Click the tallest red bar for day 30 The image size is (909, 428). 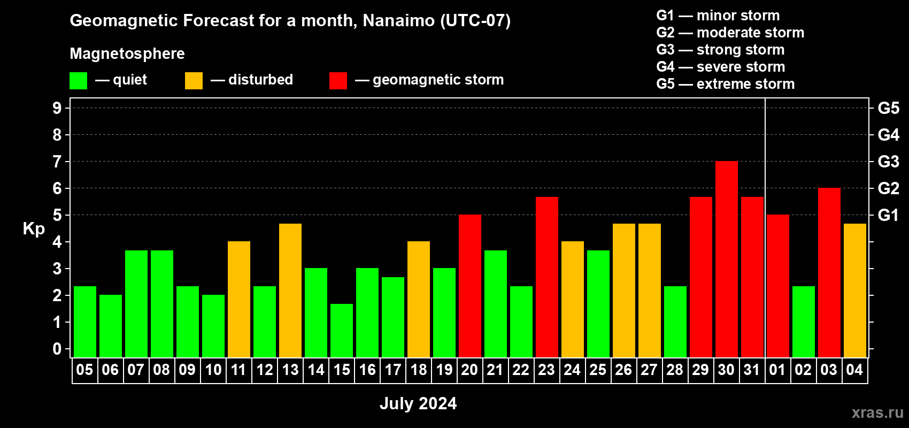(726, 259)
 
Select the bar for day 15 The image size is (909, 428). (342, 331)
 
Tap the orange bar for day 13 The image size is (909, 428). (290, 291)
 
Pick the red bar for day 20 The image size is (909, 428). (470, 286)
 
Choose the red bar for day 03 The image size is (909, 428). (829, 272)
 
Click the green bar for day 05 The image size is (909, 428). (85, 322)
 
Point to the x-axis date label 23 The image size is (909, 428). (546, 370)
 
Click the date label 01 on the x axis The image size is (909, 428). (777, 370)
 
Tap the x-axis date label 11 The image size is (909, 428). (238, 370)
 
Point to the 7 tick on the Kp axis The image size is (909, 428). (57, 162)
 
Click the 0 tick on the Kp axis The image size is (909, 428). (57, 349)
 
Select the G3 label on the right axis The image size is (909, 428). (888, 162)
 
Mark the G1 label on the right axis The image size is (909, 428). (888, 215)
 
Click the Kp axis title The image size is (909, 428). (34, 229)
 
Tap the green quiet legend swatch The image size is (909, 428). (78, 80)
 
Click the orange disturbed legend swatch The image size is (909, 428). (194, 80)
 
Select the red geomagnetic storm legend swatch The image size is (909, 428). (338, 80)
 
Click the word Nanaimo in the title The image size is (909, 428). (399, 20)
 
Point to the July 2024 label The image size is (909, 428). (418, 403)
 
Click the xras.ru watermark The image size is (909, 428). (878, 412)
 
